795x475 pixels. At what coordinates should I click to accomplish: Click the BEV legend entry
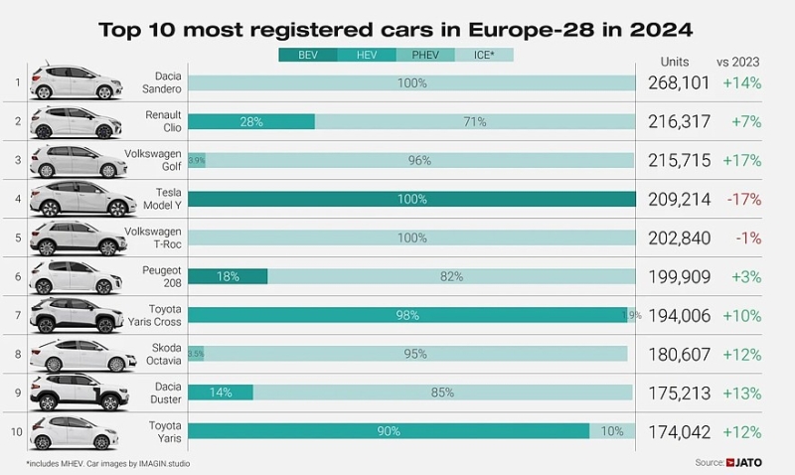309,55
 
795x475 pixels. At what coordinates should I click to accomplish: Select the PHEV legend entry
425,55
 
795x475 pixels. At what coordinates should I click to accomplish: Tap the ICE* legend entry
484,55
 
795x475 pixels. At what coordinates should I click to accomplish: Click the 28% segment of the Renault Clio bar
251,121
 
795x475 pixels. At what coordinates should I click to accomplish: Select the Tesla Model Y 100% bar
411,199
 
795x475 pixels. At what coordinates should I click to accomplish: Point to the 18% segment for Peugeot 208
228,276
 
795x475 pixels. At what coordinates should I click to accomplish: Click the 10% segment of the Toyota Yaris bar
612,431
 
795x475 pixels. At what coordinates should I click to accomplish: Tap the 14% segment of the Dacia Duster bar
221,393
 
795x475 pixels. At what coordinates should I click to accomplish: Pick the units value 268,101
678,83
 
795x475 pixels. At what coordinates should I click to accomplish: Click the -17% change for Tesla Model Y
742,200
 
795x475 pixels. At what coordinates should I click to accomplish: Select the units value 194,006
678,316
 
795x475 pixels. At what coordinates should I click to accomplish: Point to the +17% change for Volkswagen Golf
742,161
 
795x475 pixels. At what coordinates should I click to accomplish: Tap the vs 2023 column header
740,60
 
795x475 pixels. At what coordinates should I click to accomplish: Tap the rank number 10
15,431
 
